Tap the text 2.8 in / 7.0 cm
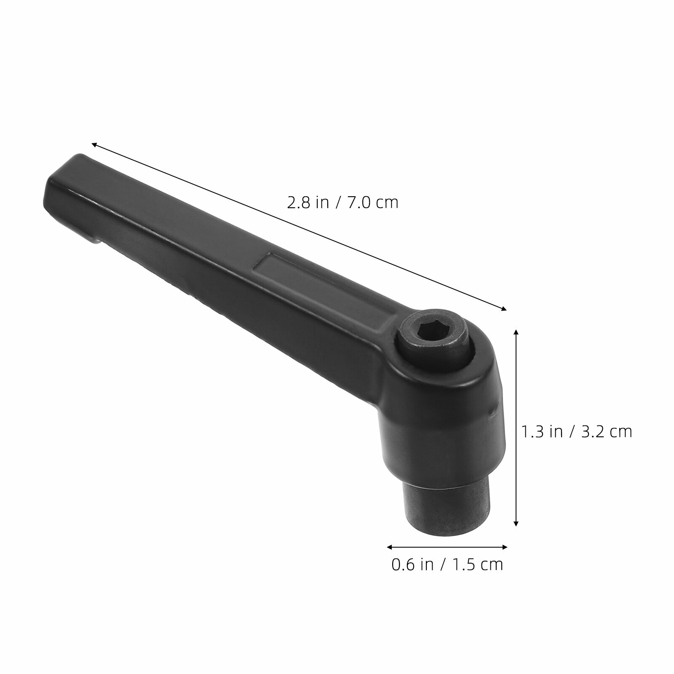pos(342,203)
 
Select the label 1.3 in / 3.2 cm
pos(577,431)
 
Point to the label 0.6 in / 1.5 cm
pos(447,564)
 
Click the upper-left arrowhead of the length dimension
pos(95,144)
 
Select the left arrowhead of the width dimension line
pos(390,547)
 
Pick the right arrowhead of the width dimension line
pos(504,547)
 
